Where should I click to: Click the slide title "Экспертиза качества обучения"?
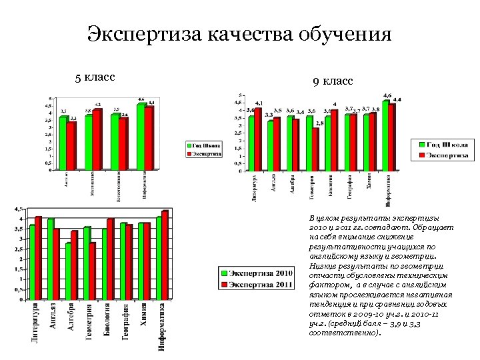click(239, 34)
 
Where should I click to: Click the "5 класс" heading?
click(95, 77)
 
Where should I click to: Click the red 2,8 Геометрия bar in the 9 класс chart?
click(315, 149)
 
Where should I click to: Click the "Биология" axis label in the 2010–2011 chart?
click(107, 321)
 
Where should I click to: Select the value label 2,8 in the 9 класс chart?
click(320, 124)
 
